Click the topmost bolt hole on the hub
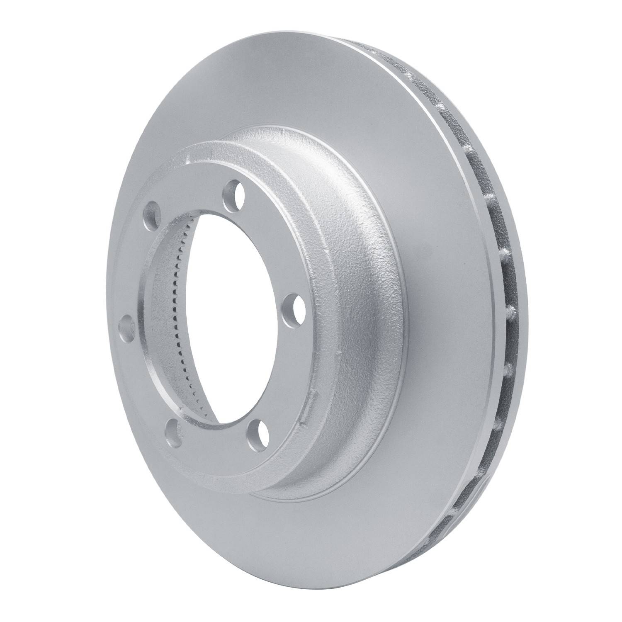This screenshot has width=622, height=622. (x=233, y=191)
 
